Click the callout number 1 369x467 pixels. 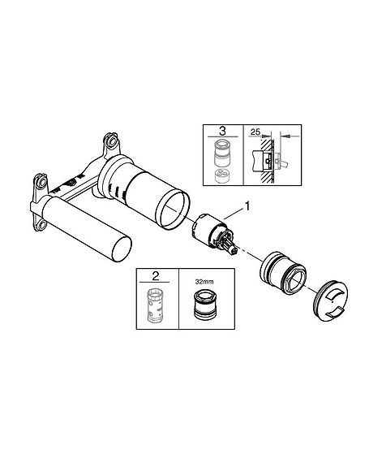(x=247, y=206)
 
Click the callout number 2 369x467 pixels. (x=155, y=276)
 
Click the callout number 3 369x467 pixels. (x=222, y=131)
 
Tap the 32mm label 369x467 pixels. (x=204, y=282)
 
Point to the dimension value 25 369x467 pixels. (x=255, y=132)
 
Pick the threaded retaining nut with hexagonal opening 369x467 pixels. (x=283, y=273)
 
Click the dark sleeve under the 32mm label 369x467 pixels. (x=204, y=305)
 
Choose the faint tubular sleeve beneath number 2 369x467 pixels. (x=155, y=305)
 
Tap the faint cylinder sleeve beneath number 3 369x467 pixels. (x=222, y=154)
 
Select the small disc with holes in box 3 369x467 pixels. (x=223, y=175)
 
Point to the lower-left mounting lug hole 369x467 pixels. (x=42, y=224)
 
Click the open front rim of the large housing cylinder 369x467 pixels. (x=172, y=210)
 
